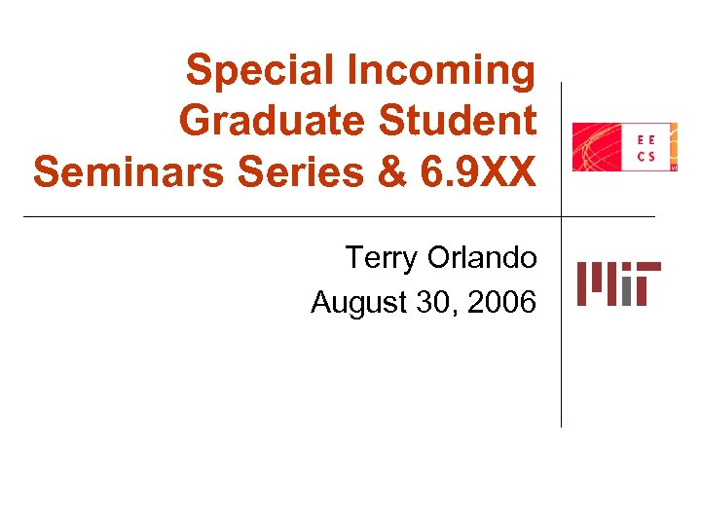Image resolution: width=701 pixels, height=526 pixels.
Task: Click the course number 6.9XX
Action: (480, 172)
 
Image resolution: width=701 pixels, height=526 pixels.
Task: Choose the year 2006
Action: (501, 303)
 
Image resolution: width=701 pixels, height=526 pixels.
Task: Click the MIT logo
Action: (618, 283)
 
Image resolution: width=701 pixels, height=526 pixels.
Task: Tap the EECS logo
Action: (624, 147)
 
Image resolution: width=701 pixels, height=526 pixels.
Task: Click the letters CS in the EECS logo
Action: (646, 156)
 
